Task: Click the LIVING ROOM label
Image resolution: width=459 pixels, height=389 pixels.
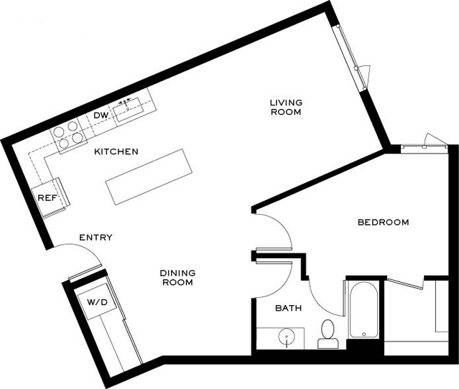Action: (286, 107)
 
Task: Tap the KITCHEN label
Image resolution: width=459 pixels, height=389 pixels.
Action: (116, 151)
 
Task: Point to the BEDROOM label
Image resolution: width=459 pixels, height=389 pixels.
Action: (383, 222)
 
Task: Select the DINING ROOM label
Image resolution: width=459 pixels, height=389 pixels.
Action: (177, 278)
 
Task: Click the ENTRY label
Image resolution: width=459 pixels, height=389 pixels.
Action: (96, 237)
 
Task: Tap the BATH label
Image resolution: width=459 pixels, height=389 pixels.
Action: (288, 308)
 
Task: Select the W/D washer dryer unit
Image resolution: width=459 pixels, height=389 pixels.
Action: (97, 301)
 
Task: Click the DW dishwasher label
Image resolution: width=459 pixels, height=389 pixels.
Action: (101, 116)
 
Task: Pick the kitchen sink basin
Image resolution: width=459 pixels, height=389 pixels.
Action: (128, 110)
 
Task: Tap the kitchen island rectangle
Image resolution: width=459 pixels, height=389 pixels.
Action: (149, 177)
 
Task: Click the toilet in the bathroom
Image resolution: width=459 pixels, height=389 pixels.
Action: (328, 334)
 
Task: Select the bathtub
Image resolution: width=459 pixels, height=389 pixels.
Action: (363, 310)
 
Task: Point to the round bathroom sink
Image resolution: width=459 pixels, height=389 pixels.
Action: (287, 337)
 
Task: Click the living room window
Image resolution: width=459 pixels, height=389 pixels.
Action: (351, 57)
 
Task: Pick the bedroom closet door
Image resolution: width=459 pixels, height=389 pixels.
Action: (405, 283)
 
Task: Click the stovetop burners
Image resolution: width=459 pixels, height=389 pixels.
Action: (68, 134)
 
